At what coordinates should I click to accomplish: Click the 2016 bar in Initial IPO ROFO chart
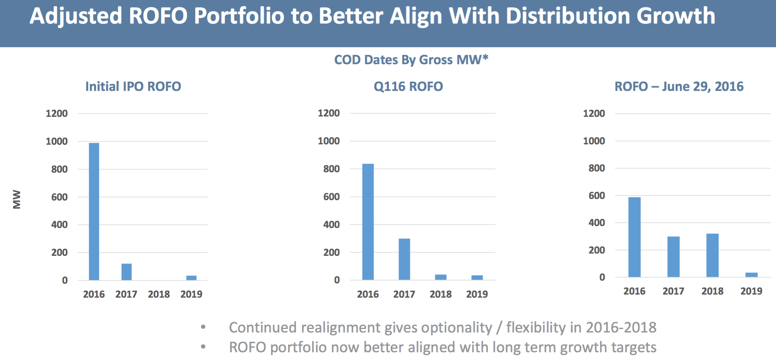[x=94, y=211]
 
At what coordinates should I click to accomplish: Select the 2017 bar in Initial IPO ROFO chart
[x=127, y=272]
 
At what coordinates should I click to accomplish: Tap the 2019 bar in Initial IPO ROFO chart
[x=191, y=278]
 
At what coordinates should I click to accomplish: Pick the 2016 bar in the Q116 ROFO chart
[x=368, y=222]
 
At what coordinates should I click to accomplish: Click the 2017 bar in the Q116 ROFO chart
[x=404, y=259]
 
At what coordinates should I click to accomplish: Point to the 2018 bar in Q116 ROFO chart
[x=441, y=277]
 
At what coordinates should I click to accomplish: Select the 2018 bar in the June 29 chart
[x=712, y=255]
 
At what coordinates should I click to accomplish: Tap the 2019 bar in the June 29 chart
[x=751, y=275]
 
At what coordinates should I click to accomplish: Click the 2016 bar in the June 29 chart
[x=634, y=237]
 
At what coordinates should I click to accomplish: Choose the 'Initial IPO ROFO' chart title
[x=133, y=86]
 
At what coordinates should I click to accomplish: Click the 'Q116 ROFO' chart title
[x=408, y=86]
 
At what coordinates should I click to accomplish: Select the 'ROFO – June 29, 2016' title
[x=679, y=86]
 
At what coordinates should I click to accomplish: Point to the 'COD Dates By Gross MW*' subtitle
[x=411, y=60]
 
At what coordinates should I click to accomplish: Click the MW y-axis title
[x=17, y=199]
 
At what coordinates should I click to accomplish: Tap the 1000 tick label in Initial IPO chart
[x=57, y=141]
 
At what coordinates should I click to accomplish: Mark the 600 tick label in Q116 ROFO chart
[x=331, y=197]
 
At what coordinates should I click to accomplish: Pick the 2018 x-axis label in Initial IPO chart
[x=159, y=294]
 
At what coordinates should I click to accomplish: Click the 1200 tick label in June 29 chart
[x=594, y=113]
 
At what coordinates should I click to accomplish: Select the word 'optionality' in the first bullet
[x=456, y=328]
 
